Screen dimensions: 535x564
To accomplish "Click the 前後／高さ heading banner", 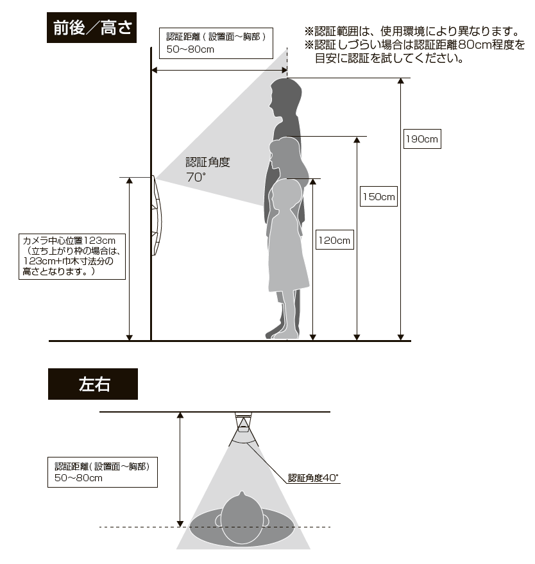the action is pyautogui.click(x=92, y=28).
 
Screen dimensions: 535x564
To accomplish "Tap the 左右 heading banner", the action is pyautogui.click(x=93, y=384).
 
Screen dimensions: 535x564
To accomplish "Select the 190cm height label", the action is pyautogui.click(x=422, y=139).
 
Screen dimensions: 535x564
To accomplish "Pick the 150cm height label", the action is pyautogui.click(x=378, y=196).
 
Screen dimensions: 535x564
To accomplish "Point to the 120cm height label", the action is pyautogui.click(x=334, y=240).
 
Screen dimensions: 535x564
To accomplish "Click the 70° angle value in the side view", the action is pyautogui.click(x=196, y=177).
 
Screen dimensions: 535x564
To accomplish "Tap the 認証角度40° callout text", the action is pyautogui.click(x=313, y=477).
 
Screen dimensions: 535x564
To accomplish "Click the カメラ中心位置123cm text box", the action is pyautogui.click(x=72, y=257).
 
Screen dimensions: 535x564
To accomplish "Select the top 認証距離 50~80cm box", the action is pyautogui.click(x=216, y=43).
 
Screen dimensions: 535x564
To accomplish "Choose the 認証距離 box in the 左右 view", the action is pyautogui.click(x=103, y=472).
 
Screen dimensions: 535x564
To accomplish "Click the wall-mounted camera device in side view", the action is pyautogui.click(x=157, y=216).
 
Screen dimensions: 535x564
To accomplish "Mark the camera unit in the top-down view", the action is pyautogui.click(x=243, y=422).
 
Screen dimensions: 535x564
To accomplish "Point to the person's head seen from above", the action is pyautogui.click(x=242, y=517).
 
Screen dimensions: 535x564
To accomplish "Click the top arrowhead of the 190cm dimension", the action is pyautogui.click(x=400, y=81).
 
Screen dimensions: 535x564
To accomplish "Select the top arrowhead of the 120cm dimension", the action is pyautogui.click(x=313, y=182).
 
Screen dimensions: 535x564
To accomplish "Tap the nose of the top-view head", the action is pyautogui.click(x=242, y=494).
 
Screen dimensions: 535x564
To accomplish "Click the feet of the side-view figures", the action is pyautogui.click(x=283, y=333).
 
